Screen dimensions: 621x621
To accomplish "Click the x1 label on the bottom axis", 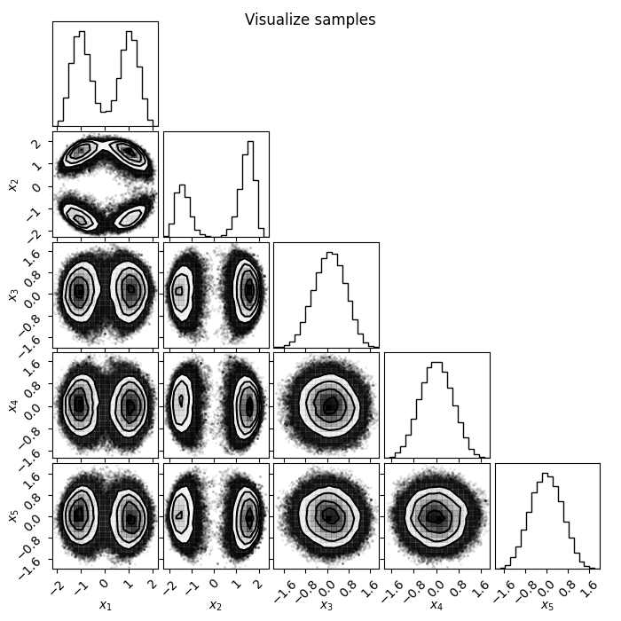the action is tap(106, 605).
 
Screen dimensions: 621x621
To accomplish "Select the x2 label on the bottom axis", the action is tap(216, 605).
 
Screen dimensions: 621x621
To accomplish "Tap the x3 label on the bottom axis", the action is tap(326, 605).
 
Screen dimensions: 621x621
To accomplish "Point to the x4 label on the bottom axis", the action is tap(437, 605).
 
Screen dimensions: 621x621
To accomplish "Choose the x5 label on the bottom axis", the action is tap(547, 605).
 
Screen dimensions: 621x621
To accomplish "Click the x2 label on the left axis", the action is tap(13, 185).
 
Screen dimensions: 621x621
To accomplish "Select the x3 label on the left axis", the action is tap(13, 295).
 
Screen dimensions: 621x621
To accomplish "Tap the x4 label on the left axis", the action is tap(13, 406).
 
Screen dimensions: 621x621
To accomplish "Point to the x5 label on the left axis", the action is tap(13, 516).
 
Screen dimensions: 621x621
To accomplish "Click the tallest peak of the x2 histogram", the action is tap(250, 142).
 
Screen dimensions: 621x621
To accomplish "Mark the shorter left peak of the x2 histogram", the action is tap(182, 185).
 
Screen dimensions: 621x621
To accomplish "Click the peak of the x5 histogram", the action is tap(545, 473).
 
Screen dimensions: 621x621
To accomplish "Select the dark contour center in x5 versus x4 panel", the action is tap(438, 517).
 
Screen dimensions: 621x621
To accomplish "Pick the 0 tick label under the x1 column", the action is tap(104, 584).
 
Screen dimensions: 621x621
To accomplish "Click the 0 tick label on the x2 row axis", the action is tap(37, 187).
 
